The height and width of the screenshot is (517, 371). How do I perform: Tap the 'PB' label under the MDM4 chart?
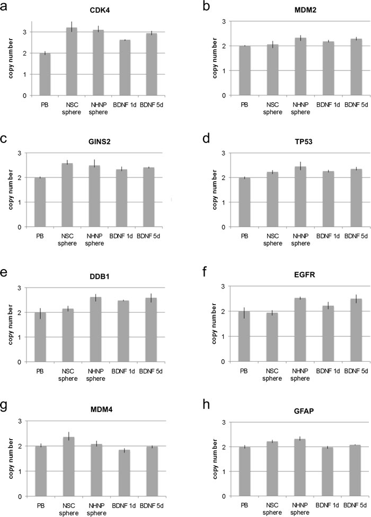(x=46, y=505)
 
